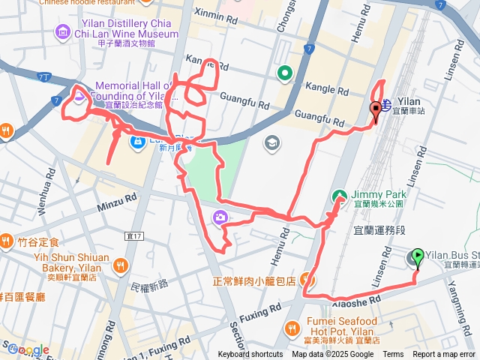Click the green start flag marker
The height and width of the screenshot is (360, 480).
tap(417, 256)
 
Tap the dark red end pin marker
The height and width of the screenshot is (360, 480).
tap(376, 109)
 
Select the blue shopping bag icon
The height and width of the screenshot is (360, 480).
tap(137, 140)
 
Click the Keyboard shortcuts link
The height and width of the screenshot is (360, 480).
tap(250, 355)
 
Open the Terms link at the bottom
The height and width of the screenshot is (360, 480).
tap(393, 355)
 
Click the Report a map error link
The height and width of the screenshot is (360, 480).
tap(445, 355)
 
